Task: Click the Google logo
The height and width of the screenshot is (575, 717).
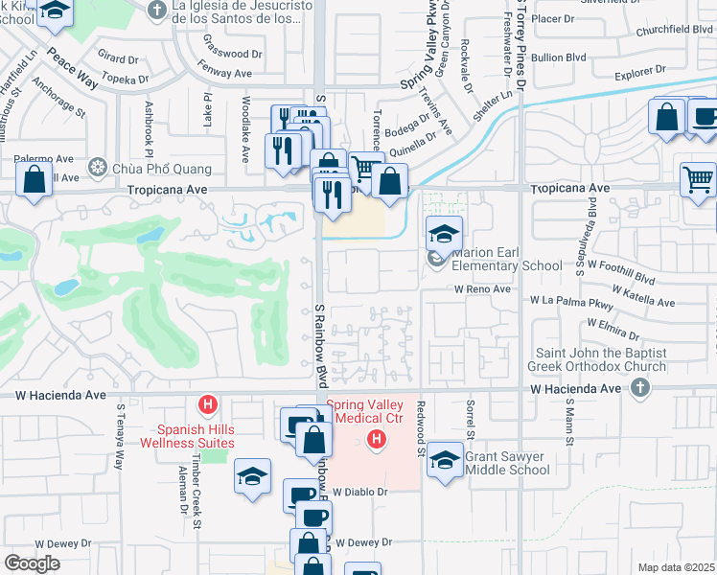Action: (32, 563)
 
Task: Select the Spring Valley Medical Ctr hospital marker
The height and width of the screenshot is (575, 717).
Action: (378, 440)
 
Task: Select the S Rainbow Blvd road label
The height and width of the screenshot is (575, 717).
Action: (320, 341)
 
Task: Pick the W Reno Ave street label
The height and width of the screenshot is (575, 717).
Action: (482, 288)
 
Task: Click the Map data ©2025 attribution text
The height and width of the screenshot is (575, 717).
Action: (675, 567)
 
